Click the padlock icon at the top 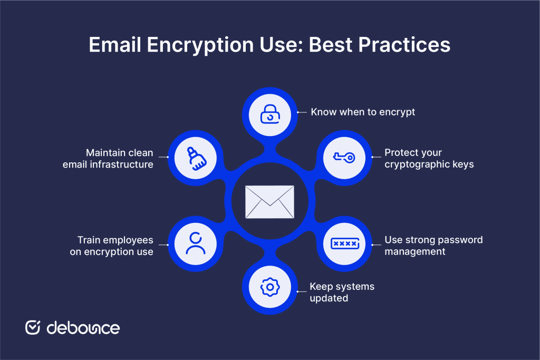(x=269, y=114)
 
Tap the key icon (x=344, y=157)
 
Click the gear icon (x=269, y=287)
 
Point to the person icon (x=195, y=244)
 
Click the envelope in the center (x=269, y=202)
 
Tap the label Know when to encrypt (x=363, y=112)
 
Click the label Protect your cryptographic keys (x=429, y=158)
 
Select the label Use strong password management (x=433, y=246)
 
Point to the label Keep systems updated (x=342, y=292)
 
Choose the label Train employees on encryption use (x=112, y=246)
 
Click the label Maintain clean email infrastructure (x=108, y=158)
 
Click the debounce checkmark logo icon (x=33, y=327)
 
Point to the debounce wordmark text (x=83, y=327)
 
